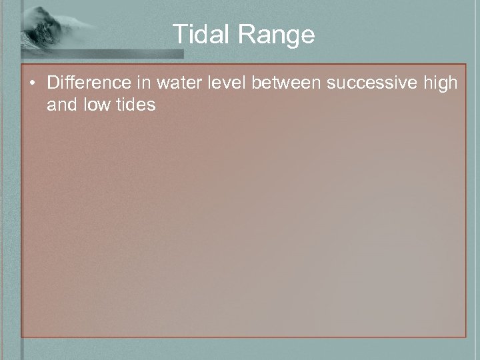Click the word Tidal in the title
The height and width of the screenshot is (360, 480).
pos(198,34)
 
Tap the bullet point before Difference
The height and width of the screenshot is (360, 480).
pos(32,84)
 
